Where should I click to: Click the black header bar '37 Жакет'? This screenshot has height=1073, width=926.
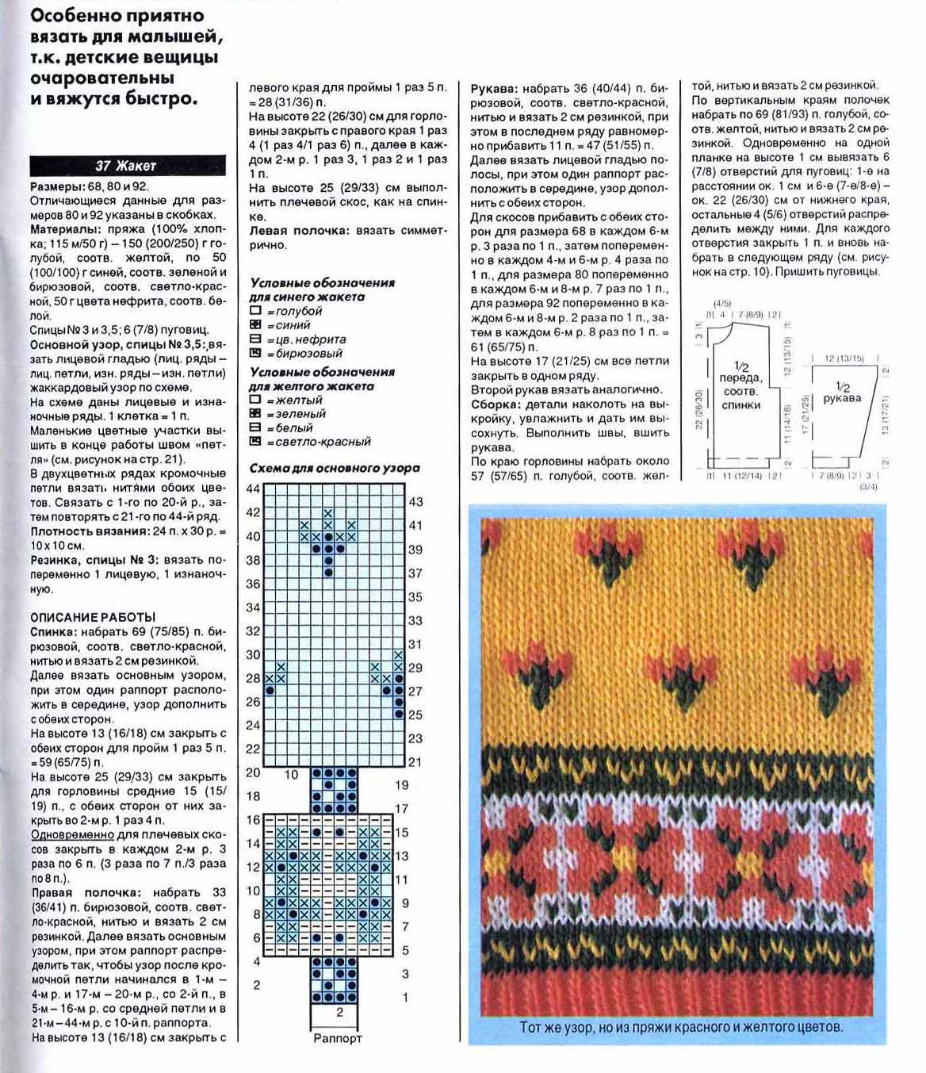128,166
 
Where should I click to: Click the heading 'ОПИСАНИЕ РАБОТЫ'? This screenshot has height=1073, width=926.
93,617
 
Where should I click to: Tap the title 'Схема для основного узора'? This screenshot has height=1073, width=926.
335,468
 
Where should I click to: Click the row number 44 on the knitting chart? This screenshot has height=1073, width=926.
253,489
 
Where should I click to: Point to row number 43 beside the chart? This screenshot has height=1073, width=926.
415,501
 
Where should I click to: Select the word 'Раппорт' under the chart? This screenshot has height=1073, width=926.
338,1037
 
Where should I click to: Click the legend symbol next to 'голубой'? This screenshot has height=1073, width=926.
255,311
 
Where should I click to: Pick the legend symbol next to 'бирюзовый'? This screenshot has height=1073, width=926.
255,354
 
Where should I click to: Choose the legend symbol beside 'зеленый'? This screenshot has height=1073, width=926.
255,413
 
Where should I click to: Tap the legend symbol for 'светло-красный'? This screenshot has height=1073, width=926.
255,442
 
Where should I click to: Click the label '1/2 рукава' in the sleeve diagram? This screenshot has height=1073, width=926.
842,393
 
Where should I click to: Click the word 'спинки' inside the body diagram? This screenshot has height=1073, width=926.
740,405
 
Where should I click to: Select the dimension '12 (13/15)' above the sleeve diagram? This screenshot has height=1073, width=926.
844,358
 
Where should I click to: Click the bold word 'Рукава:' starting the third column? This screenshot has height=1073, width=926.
495,88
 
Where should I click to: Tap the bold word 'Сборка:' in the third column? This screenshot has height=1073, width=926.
495,404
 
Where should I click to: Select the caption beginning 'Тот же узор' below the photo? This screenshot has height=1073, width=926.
681,1027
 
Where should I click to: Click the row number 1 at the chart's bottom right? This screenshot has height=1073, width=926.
405,997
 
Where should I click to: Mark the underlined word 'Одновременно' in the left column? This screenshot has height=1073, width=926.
72,835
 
